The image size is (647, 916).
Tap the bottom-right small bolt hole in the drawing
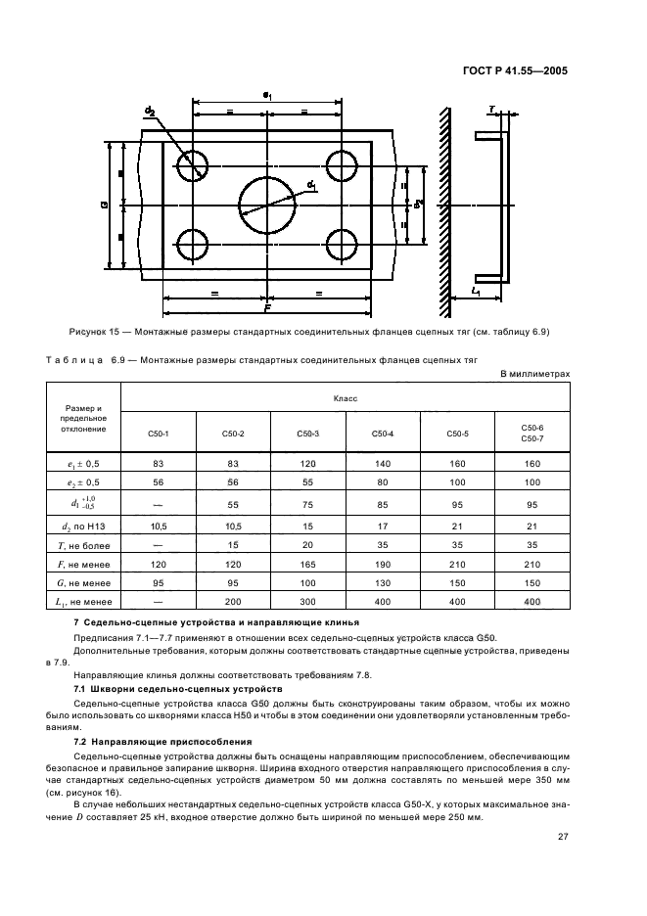click(x=342, y=244)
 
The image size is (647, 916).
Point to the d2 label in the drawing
click(x=150, y=113)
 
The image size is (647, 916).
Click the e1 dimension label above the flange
click(x=267, y=94)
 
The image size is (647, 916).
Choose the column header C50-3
click(x=308, y=434)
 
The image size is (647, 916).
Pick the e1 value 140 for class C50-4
click(x=383, y=463)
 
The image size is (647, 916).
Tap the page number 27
click(x=563, y=837)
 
